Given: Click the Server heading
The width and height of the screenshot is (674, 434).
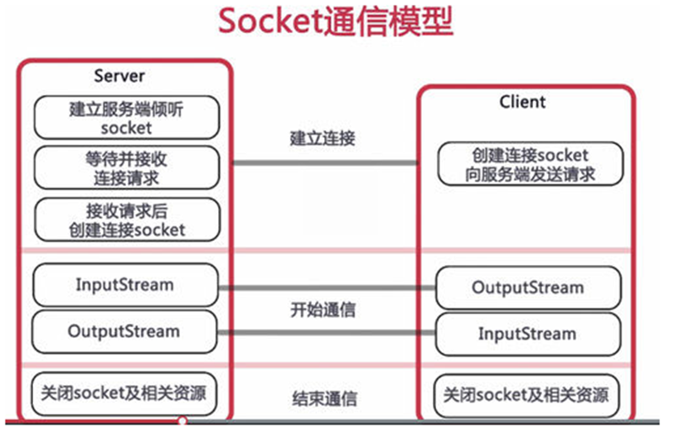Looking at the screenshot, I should click(119, 75).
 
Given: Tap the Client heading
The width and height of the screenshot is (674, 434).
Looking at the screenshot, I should click(522, 102).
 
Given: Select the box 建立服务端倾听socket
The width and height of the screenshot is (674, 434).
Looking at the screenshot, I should click(127, 118).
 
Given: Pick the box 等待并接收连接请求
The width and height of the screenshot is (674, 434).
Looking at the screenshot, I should click(127, 167).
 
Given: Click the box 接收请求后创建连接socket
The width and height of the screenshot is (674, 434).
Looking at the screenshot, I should click(127, 219).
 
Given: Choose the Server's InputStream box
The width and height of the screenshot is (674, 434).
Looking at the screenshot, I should click(126, 285).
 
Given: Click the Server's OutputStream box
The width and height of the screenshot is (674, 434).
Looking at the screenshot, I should click(126, 330).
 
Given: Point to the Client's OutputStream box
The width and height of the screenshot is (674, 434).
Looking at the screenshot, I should click(528, 287).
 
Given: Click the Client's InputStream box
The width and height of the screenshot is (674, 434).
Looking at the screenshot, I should click(528, 334).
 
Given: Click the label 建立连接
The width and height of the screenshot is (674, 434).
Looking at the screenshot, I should click(322, 138).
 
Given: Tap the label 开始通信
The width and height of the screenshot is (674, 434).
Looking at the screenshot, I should click(322, 311).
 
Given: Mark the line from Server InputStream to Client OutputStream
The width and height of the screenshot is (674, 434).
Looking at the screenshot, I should click(327, 289).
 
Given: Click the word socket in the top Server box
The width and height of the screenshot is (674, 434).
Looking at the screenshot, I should click(126, 128).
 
